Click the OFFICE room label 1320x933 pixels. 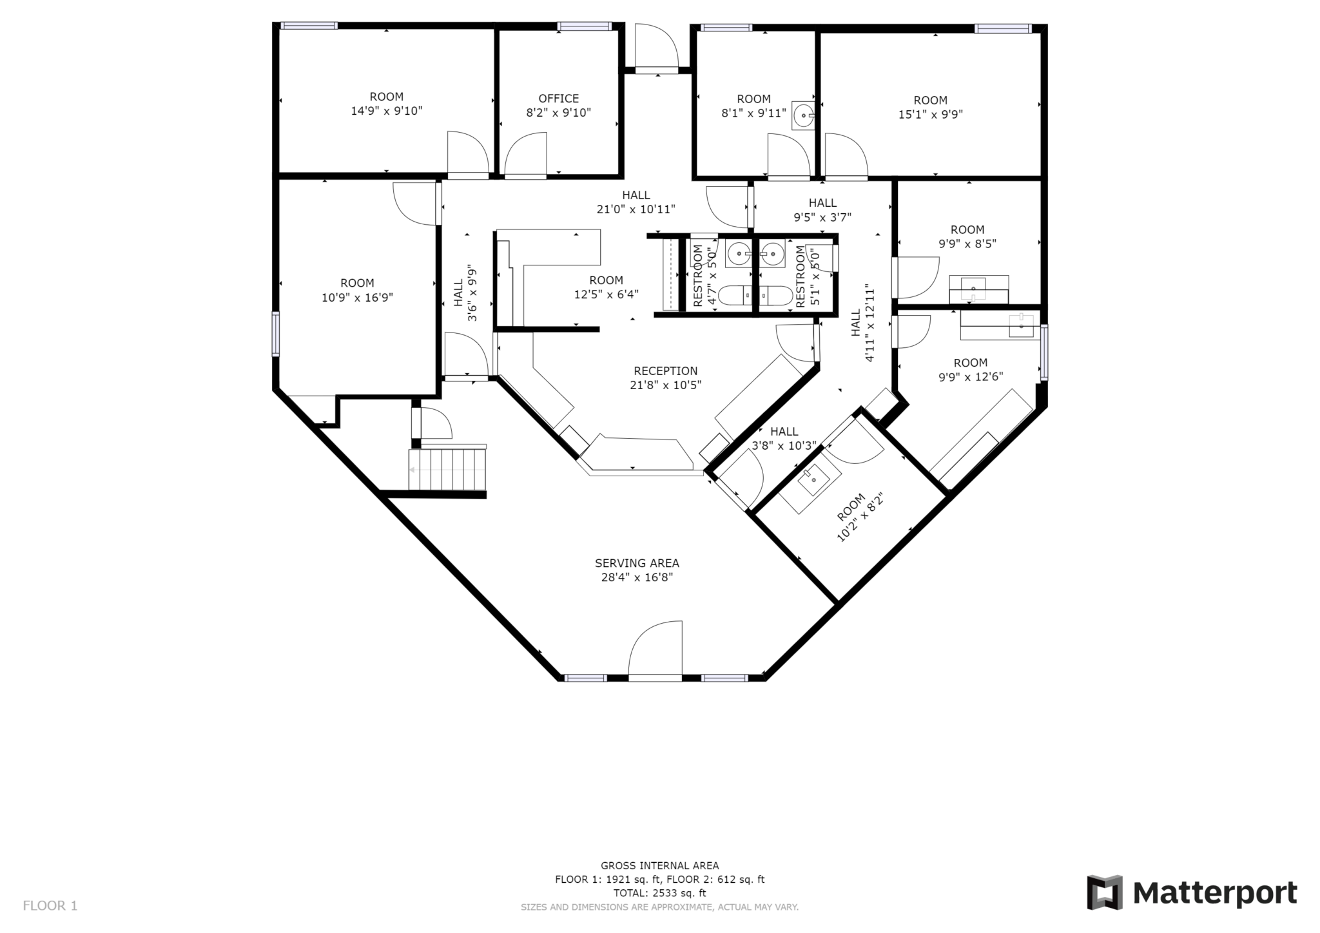(558, 99)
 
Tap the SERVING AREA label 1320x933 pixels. (637, 563)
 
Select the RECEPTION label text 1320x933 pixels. (665, 371)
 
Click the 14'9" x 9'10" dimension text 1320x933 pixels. (387, 111)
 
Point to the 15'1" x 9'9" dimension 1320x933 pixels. (930, 115)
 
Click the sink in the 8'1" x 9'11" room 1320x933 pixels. (804, 117)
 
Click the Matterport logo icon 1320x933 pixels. (1105, 892)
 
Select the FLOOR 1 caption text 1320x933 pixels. (50, 906)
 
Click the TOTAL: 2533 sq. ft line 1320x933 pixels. (659, 893)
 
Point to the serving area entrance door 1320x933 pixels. (655, 649)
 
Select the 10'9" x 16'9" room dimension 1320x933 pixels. (357, 298)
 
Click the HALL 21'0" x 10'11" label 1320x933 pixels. (636, 202)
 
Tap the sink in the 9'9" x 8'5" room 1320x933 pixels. (973, 289)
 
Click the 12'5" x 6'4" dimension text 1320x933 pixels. (606, 294)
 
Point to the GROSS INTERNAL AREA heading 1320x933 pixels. (659, 865)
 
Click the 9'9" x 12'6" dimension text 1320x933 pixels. (971, 377)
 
